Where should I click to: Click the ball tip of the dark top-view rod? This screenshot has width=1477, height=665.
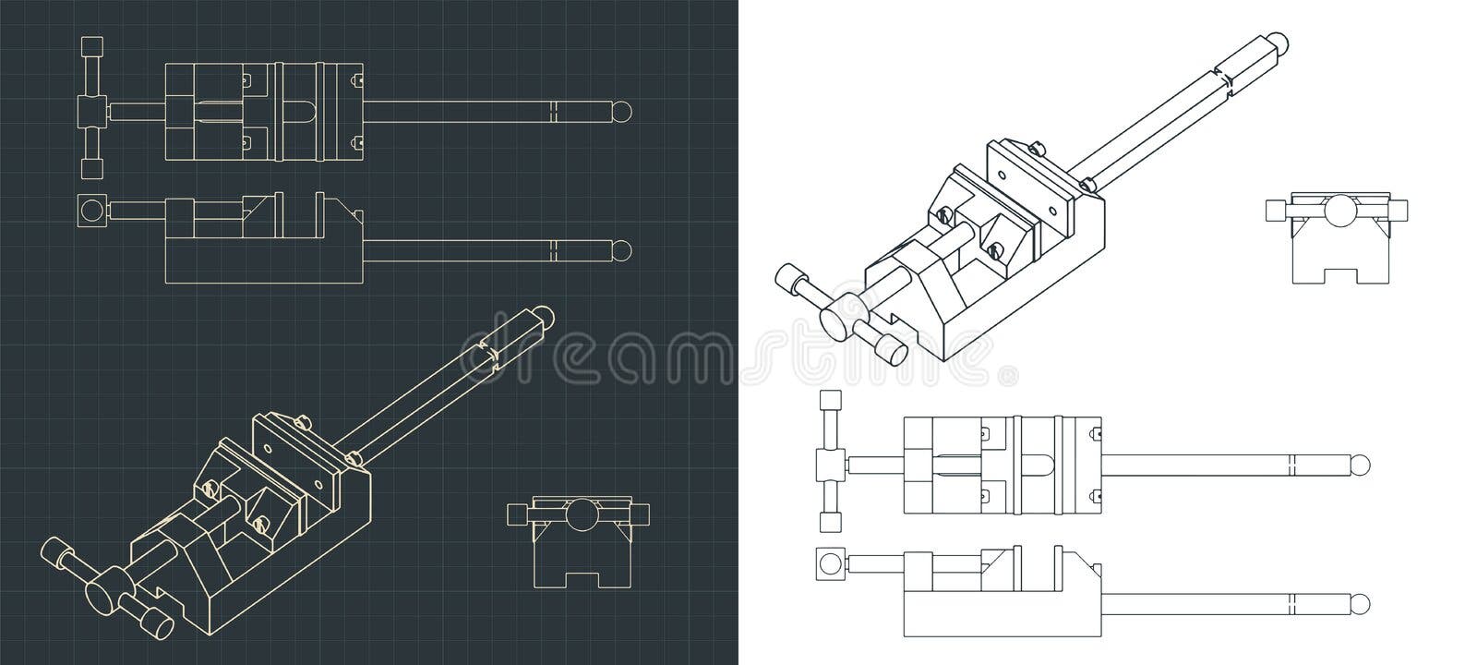(x=624, y=111)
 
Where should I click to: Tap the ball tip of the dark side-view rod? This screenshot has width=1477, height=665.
(x=624, y=249)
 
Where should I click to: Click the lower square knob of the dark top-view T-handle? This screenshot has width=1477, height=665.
(x=90, y=168)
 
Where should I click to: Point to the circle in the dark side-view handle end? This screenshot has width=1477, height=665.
(x=90, y=211)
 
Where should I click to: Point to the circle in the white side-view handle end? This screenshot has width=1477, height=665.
(x=830, y=563)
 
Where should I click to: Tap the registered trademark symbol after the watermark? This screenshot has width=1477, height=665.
(x=1012, y=377)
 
